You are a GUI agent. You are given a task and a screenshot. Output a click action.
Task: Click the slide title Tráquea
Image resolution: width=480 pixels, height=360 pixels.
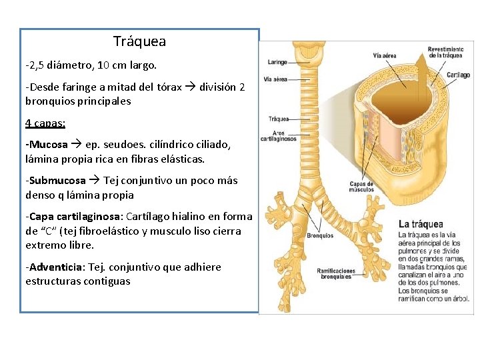coord(139,42)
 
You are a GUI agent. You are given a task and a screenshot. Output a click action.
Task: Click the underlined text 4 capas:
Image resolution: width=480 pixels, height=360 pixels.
coord(41,123)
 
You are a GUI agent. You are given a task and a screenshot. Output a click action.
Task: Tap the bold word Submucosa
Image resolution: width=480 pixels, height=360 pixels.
coord(57,181)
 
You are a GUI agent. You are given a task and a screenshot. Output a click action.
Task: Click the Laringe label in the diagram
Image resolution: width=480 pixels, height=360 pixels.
coord(277,62)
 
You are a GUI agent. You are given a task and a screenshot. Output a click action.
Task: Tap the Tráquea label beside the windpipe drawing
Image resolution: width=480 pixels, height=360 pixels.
coord(278,119)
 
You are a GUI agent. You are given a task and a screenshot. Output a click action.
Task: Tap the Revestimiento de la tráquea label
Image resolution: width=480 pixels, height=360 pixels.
coord(445,52)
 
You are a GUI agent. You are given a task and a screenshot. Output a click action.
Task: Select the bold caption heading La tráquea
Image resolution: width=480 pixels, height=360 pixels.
coord(421,224)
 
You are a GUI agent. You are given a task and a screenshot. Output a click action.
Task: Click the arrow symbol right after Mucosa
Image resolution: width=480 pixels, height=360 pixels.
coord(76,145)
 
